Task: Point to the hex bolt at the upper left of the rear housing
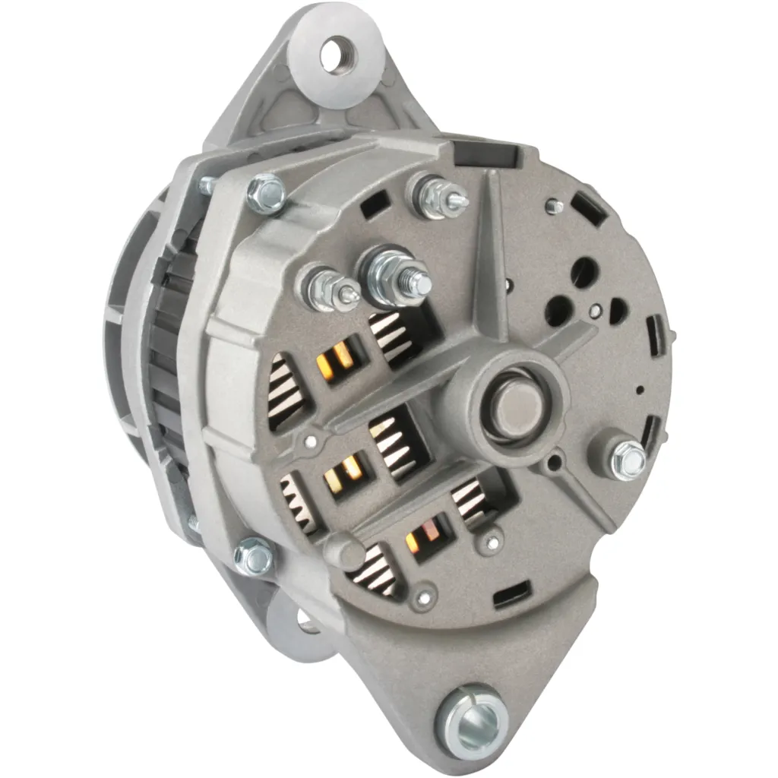[266, 194]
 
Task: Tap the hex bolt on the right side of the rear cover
[625, 455]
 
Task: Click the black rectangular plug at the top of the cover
[485, 153]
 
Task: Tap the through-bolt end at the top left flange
[207, 184]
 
